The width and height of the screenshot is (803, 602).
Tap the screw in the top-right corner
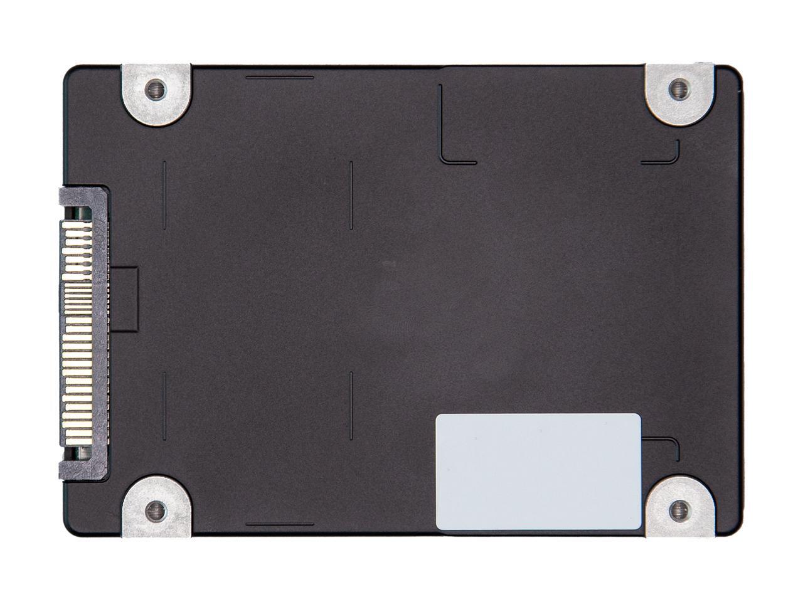point(677,89)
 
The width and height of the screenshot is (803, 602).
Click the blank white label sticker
point(538,472)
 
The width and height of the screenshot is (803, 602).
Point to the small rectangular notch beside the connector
point(125,298)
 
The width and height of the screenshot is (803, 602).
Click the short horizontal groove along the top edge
point(280,78)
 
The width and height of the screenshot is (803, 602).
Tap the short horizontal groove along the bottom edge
point(280,522)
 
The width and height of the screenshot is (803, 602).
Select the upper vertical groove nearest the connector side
point(164,194)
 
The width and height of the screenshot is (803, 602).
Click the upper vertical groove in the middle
point(351,194)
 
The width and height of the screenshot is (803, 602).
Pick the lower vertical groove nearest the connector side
point(164,404)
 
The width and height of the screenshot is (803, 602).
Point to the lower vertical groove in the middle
point(351,404)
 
